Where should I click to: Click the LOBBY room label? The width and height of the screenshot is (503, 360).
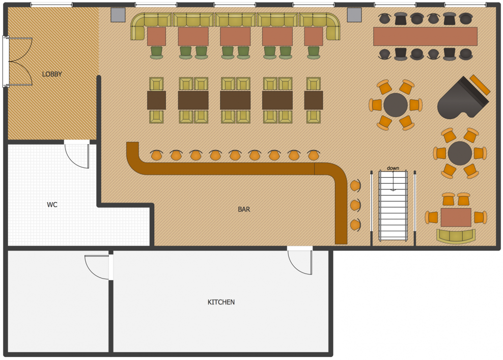point(52,74)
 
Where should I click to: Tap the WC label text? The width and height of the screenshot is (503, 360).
point(52,205)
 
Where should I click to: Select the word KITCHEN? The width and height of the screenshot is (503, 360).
point(221,302)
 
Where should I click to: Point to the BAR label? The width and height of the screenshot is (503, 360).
point(244,209)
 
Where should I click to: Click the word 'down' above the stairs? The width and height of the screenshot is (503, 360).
point(393,168)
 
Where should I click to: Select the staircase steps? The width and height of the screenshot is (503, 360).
point(393,205)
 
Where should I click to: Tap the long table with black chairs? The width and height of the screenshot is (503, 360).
point(425,36)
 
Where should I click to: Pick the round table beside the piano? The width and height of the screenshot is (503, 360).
point(396,105)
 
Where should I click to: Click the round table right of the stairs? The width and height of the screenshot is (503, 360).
point(460,153)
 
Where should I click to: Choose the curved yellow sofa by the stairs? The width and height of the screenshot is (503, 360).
point(456,236)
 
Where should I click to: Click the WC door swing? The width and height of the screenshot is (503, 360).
point(77,155)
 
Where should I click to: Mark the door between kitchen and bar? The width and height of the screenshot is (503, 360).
point(300,261)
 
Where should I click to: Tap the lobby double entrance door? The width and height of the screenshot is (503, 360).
point(18,62)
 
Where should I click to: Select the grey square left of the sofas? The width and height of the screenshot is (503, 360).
point(118,15)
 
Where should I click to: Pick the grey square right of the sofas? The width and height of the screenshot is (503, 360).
point(354,15)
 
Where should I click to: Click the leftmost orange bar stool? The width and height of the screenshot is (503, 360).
point(156,155)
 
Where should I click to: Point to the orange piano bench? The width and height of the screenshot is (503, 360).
point(480,85)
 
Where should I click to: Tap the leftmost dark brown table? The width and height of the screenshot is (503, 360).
point(156,100)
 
